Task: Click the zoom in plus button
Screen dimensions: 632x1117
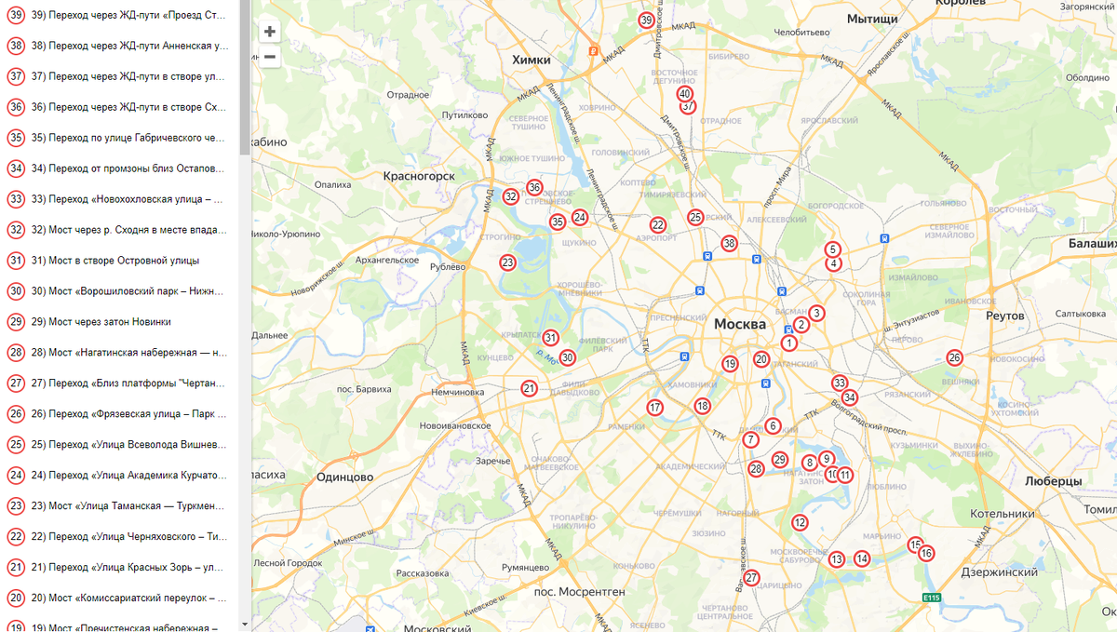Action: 270,32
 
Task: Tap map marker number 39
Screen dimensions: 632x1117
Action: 647,20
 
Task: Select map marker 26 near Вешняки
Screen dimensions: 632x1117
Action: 954,357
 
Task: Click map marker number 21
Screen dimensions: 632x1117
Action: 529,389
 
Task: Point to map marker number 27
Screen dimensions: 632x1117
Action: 752,578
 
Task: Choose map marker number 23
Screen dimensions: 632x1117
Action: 507,262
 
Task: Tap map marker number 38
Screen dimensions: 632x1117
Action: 729,244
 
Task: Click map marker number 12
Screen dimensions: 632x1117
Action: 800,522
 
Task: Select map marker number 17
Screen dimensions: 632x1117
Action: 655,407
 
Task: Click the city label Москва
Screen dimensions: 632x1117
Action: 740,324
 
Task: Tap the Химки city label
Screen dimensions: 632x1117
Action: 532,60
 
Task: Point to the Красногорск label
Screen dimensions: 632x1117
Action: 419,175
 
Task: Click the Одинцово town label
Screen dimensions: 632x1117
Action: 344,477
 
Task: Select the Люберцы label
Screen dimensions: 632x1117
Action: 1053,481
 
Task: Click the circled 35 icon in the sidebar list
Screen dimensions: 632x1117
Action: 16,138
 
